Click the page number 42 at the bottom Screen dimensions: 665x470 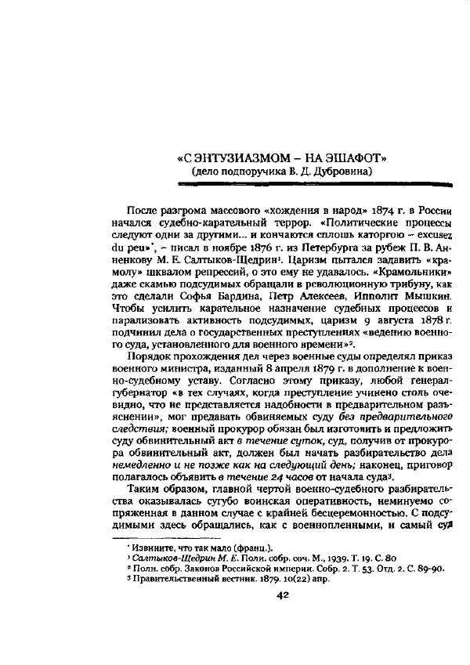click(283, 595)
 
